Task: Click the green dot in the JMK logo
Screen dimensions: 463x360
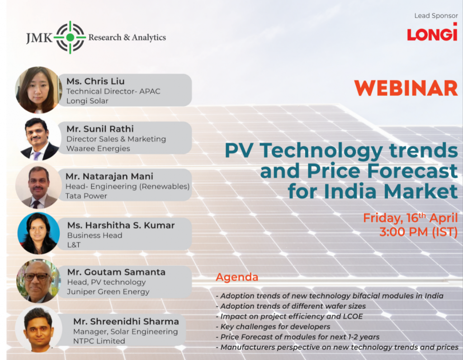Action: [x=70, y=37]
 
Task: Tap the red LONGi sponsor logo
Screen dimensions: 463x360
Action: [x=432, y=32]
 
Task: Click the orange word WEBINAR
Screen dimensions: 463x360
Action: [x=406, y=88]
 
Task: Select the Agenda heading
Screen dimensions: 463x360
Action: [x=237, y=278]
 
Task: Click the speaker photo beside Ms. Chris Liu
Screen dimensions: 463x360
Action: [x=38, y=90]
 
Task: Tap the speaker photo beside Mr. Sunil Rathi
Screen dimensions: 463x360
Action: [x=39, y=139]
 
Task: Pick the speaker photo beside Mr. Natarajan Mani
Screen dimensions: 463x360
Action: [x=38, y=186]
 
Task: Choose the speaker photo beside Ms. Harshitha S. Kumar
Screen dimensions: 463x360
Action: [x=38, y=233]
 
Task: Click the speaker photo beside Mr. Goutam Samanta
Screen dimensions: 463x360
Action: [x=38, y=281]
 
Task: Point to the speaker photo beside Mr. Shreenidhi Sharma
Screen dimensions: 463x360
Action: [x=38, y=329]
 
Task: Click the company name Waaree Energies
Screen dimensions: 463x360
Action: [x=98, y=148]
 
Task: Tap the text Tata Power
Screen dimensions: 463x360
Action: [x=86, y=196]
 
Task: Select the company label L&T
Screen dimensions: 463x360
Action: [x=74, y=245]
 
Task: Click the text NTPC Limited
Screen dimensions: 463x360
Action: [x=99, y=341]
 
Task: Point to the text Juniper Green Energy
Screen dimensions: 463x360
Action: [x=108, y=292]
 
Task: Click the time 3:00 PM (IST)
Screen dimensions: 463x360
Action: [x=418, y=232]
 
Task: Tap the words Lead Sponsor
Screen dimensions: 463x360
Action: [x=436, y=16]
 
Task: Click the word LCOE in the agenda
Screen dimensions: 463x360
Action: [x=353, y=316]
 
